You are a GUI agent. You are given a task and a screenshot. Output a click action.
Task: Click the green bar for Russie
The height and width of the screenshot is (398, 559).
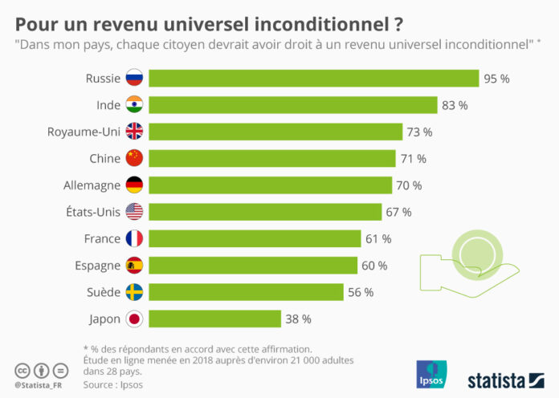click(x=313, y=78)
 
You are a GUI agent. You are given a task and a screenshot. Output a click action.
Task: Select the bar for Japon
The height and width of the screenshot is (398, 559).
click(x=214, y=319)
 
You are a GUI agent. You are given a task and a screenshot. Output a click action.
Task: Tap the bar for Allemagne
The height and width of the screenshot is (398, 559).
click(x=269, y=185)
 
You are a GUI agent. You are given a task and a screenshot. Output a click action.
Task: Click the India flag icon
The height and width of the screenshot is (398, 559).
click(x=134, y=105)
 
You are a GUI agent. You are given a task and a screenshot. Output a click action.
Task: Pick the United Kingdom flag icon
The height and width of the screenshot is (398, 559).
click(x=134, y=132)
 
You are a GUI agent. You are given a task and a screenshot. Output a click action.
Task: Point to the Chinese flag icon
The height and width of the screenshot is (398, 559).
click(x=134, y=158)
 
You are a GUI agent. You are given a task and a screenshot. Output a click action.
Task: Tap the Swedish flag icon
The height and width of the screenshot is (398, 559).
click(x=134, y=292)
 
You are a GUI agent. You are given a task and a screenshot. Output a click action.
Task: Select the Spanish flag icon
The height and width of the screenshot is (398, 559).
click(x=134, y=266)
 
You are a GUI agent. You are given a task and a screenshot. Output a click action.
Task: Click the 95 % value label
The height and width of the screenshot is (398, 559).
click(x=496, y=79)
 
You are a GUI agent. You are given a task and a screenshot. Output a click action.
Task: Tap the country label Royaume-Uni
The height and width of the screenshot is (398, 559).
click(x=84, y=132)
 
